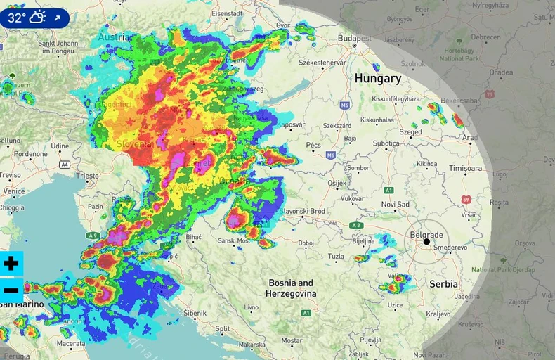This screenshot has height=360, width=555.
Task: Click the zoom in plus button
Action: click(x=11, y=264)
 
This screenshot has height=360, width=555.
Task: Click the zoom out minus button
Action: click(x=11, y=289)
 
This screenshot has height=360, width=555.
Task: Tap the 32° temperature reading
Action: click(x=17, y=18)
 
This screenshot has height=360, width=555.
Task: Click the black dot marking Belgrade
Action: click(x=426, y=242)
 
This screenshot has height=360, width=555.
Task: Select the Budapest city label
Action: click(x=353, y=37)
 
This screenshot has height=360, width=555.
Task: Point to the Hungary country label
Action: click(x=377, y=78)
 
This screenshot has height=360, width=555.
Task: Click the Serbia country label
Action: click(x=443, y=284)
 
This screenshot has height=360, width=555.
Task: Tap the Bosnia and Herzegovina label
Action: click(x=292, y=288)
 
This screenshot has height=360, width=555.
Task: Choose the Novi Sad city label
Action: click(x=394, y=204)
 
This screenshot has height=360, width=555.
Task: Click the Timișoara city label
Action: click(x=465, y=169)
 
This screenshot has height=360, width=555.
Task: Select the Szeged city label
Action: click(x=410, y=131)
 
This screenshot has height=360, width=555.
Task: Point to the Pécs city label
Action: click(x=313, y=145)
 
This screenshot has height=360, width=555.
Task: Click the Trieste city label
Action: click(x=89, y=175)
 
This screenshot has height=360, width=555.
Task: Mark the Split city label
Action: click(x=222, y=328)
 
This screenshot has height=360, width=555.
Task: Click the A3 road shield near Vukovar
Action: click(x=357, y=225)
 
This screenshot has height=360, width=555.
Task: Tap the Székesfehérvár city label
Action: click(x=324, y=63)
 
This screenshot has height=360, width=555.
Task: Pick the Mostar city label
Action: click(x=292, y=340)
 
